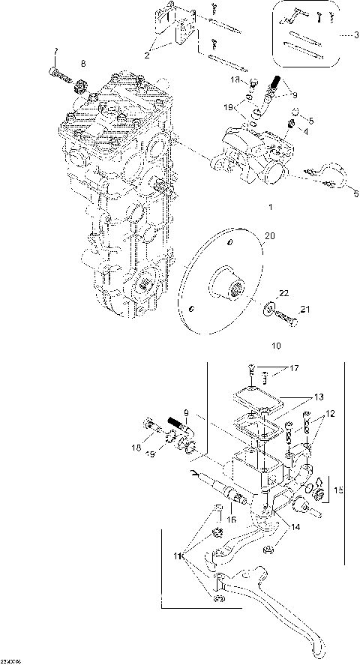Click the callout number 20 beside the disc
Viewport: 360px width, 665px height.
[x=270, y=236]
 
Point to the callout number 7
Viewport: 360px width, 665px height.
[x=55, y=51]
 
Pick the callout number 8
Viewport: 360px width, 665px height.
[x=83, y=63]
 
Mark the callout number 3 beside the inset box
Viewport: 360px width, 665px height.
[x=347, y=34]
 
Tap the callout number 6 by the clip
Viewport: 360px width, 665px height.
[x=346, y=192]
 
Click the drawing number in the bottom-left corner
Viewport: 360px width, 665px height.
[x=10, y=661]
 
